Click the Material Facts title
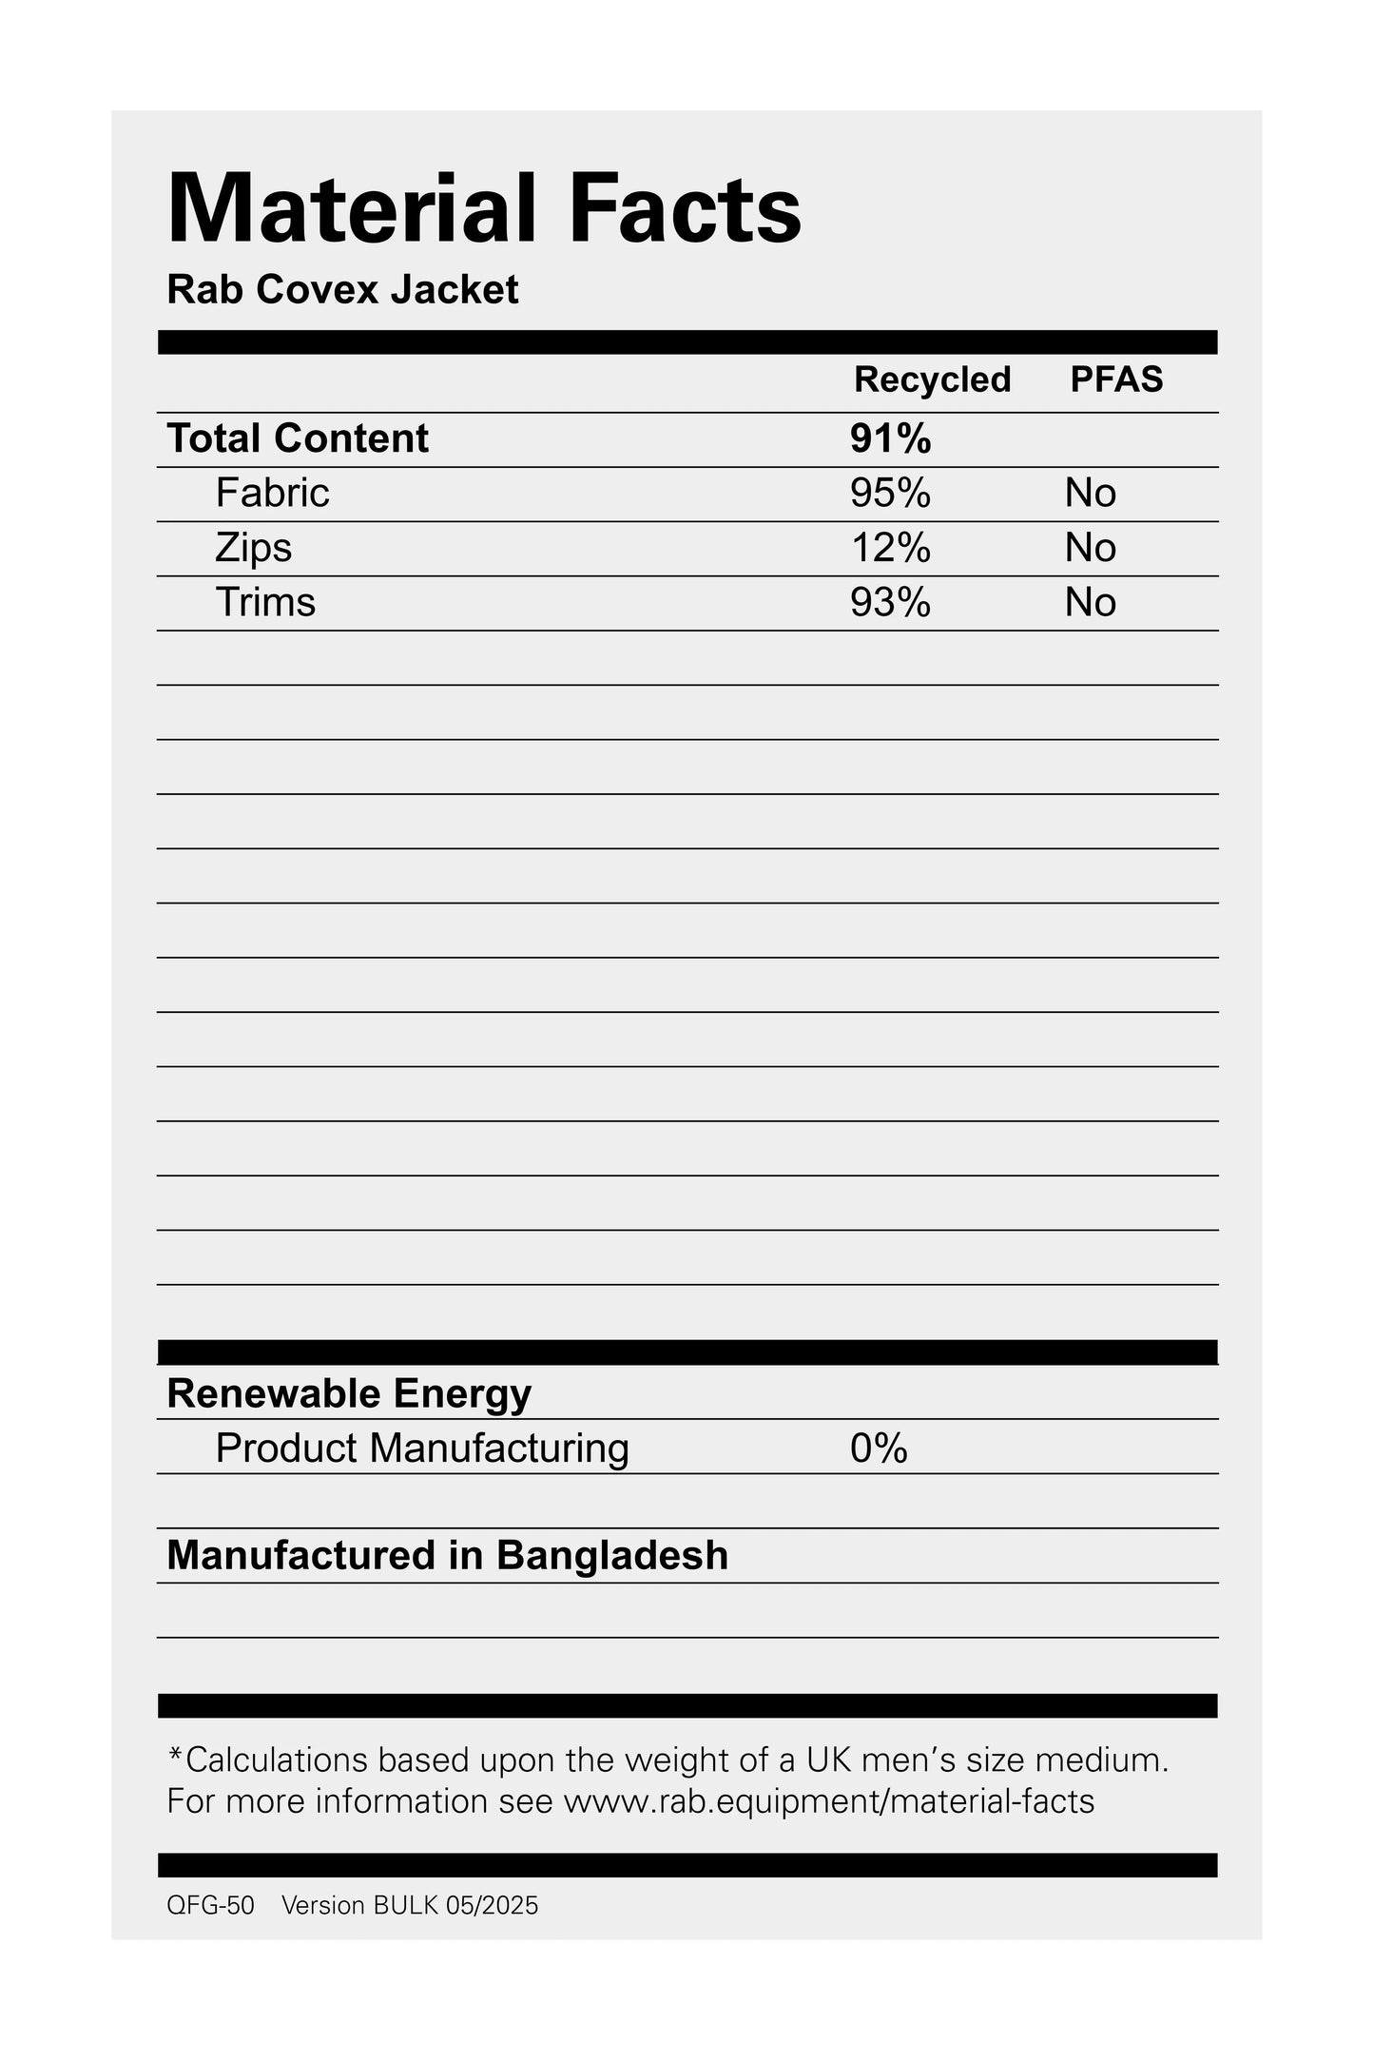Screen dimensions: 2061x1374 (x=484, y=209)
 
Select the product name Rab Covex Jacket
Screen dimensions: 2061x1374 (x=342, y=290)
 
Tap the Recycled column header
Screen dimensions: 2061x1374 (x=931, y=379)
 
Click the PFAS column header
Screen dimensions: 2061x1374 (x=1116, y=379)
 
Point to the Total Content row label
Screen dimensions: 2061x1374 (x=298, y=438)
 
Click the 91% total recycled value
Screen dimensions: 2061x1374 (x=890, y=438)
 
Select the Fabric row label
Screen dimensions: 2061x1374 (x=272, y=493)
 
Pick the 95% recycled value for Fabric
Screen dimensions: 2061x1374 (x=890, y=493)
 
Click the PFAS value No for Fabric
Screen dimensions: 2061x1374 (x=1090, y=493)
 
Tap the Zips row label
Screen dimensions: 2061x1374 (x=253, y=548)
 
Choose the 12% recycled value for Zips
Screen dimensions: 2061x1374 (x=890, y=548)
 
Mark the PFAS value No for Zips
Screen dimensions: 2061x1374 (x=1090, y=548)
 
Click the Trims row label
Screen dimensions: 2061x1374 (x=265, y=602)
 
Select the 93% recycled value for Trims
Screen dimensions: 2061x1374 (x=890, y=602)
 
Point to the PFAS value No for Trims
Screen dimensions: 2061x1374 (x=1090, y=602)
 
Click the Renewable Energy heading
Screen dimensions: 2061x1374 (x=349, y=1393)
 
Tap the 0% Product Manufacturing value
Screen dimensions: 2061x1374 (x=879, y=1449)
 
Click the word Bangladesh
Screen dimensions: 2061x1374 (x=612, y=1556)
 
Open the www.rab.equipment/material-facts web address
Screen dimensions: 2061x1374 (x=829, y=1801)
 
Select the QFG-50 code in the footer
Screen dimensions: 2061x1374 (x=210, y=1905)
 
